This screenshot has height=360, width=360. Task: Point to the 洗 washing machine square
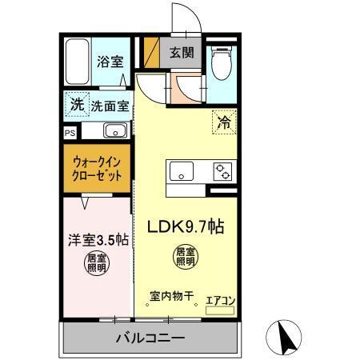tap(76, 104)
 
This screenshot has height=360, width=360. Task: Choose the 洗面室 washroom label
tap(109, 105)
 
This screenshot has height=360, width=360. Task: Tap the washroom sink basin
tap(114, 131)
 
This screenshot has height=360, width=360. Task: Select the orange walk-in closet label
tap(96, 167)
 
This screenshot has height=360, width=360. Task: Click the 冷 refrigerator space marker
tap(225, 124)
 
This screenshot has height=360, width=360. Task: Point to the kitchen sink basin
tap(179, 170)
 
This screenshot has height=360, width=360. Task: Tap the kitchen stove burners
tap(221, 170)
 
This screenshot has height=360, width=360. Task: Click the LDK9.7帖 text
tap(184, 226)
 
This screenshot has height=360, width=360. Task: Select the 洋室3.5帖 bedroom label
tap(96, 239)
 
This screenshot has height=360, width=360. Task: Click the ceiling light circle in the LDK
tap(185, 257)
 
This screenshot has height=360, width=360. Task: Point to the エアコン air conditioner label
tap(220, 300)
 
